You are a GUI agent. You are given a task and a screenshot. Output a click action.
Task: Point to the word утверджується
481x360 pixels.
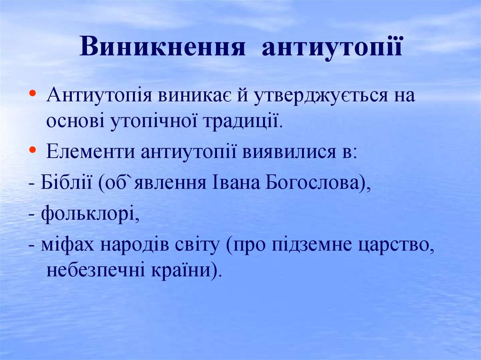coord(321,96)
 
